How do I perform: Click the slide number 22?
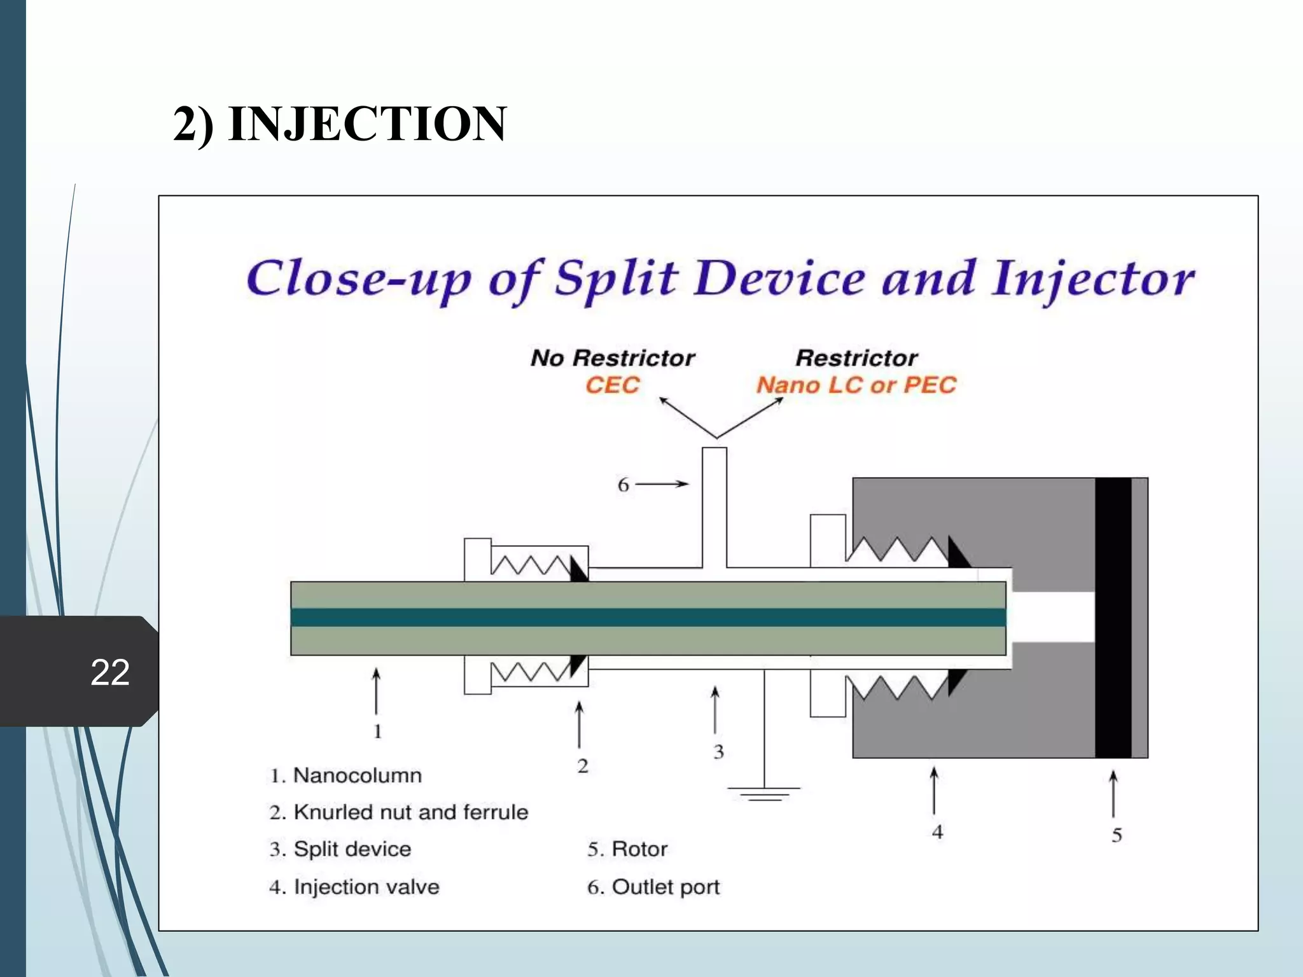pyautogui.click(x=110, y=672)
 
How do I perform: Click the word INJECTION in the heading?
pyautogui.click(x=367, y=123)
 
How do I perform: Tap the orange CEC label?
pyautogui.click(x=612, y=385)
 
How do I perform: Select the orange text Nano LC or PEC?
pyautogui.click(x=856, y=385)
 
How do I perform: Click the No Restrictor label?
pyautogui.click(x=613, y=358)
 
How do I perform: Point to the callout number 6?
pyautogui.click(x=624, y=485)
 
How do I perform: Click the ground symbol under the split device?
pyautogui.click(x=764, y=793)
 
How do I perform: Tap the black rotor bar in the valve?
pyautogui.click(x=1113, y=617)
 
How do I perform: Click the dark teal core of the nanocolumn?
pyautogui.click(x=636, y=617)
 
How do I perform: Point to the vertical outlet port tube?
pyautogui.click(x=714, y=502)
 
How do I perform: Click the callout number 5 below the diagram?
pyautogui.click(x=1117, y=835)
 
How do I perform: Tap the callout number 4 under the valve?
pyautogui.click(x=937, y=832)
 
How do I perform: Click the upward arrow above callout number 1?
pyautogui.click(x=377, y=691)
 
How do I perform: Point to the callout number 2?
pyautogui.click(x=583, y=766)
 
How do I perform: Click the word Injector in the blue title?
pyautogui.click(x=1093, y=280)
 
